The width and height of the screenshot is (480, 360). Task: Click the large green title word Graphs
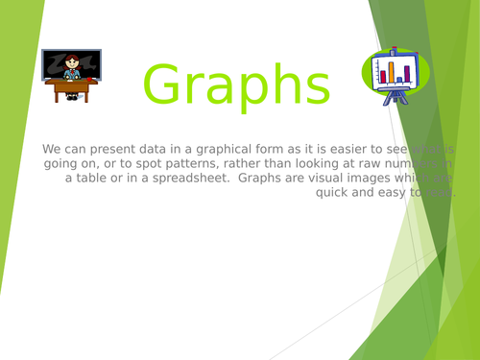(237, 84)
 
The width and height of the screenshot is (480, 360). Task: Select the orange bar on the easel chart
(391, 72)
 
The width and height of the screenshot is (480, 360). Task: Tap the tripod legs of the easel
(393, 97)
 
